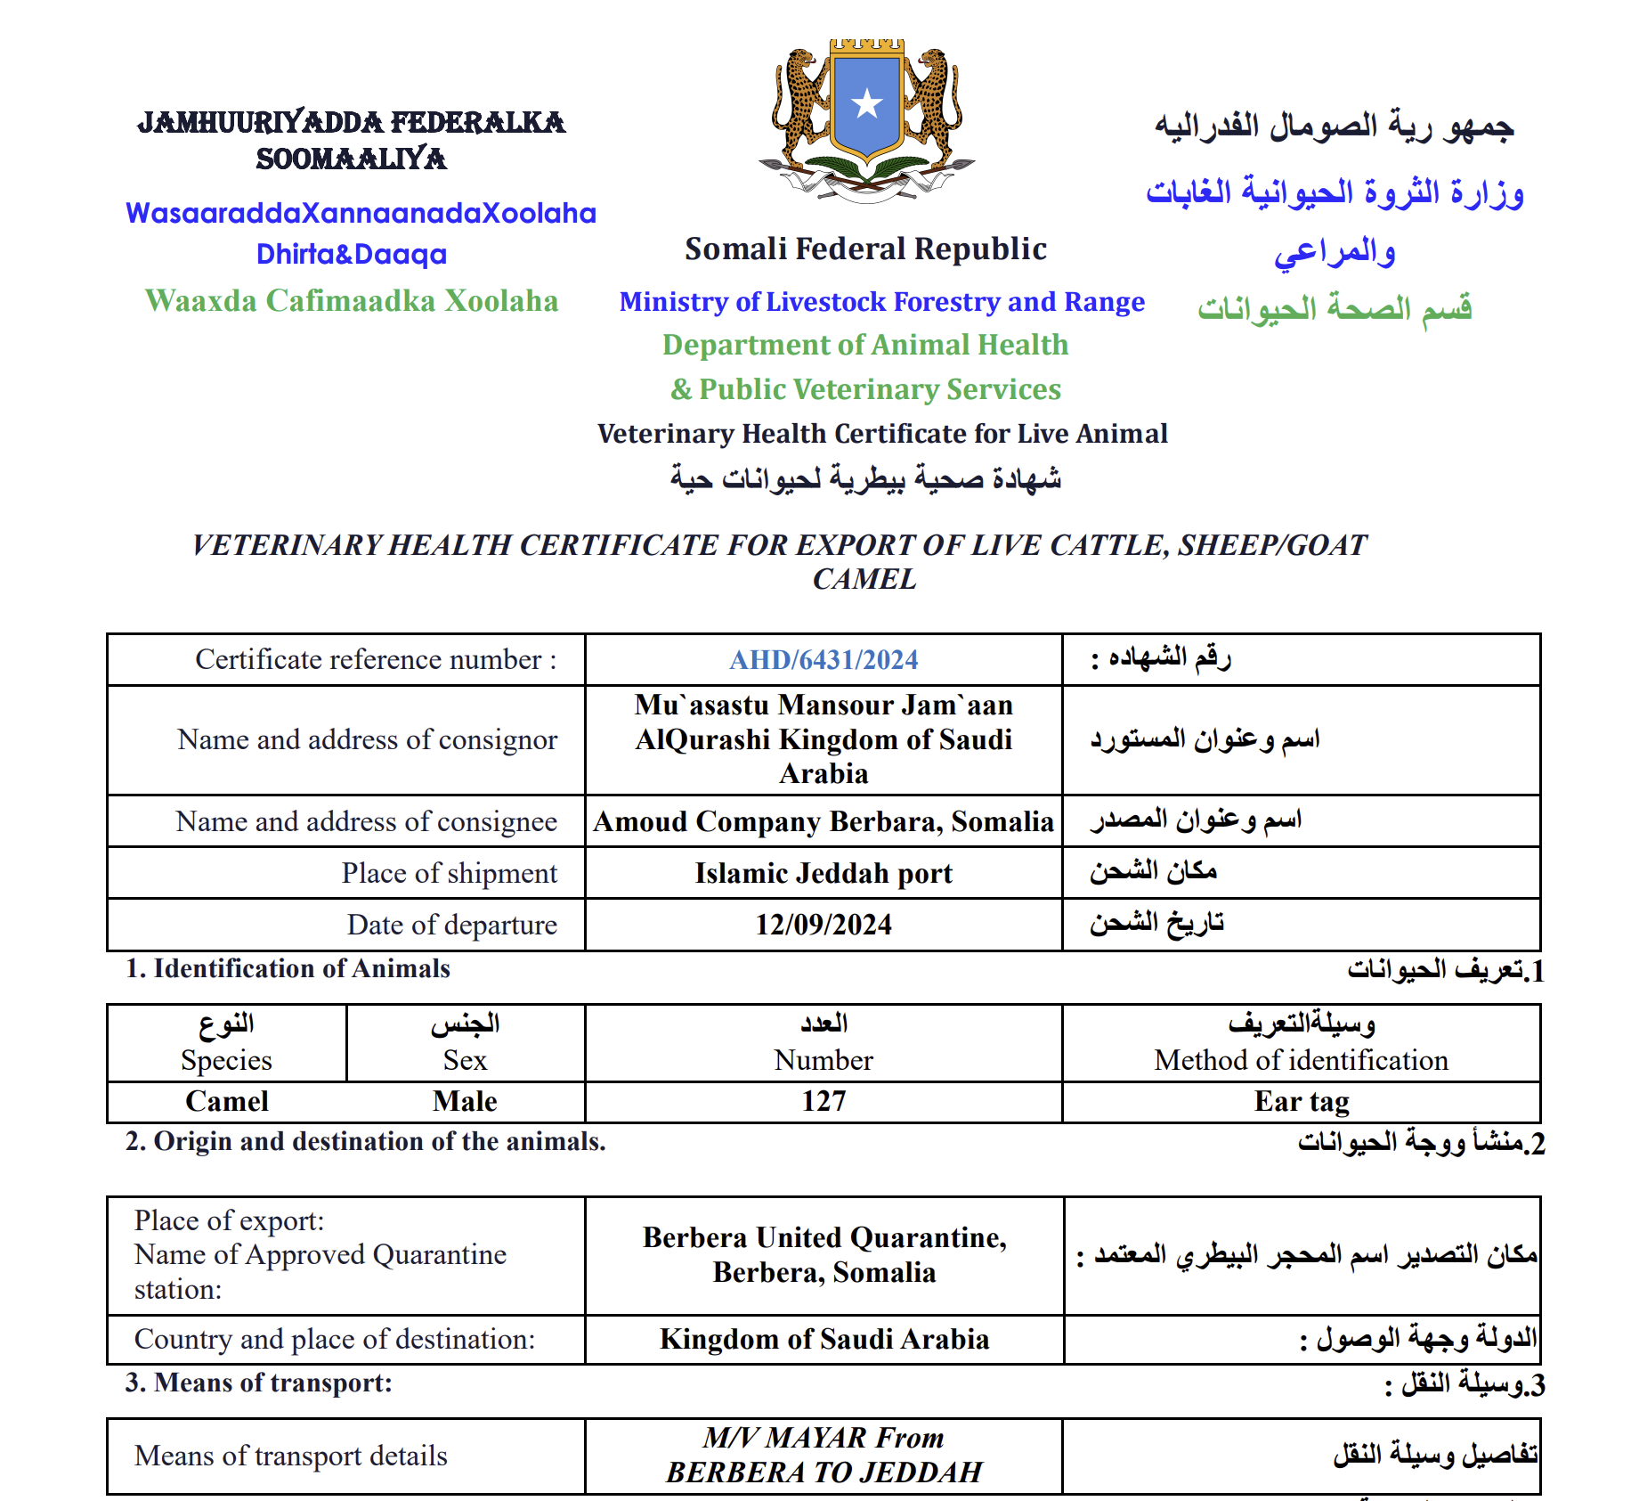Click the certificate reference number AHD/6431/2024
click(824, 660)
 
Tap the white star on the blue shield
click(866, 104)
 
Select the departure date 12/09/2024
click(824, 925)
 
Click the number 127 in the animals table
click(824, 1102)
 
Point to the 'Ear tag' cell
click(1301, 1102)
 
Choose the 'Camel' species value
click(226, 1102)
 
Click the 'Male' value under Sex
click(465, 1102)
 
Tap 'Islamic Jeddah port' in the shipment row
click(824, 873)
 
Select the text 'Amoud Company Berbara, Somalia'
click(824, 821)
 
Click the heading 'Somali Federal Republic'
click(865, 249)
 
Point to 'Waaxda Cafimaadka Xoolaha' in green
click(352, 301)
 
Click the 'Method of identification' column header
click(1301, 1060)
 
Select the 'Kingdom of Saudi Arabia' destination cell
click(824, 1340)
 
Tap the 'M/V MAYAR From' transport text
click(824, 1438)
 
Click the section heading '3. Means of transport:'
click(259, 1383)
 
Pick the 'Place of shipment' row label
click(450, 873)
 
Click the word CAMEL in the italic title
click(864, 579)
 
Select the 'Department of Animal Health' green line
click(865, 345)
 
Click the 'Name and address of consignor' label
click(367, 739)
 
